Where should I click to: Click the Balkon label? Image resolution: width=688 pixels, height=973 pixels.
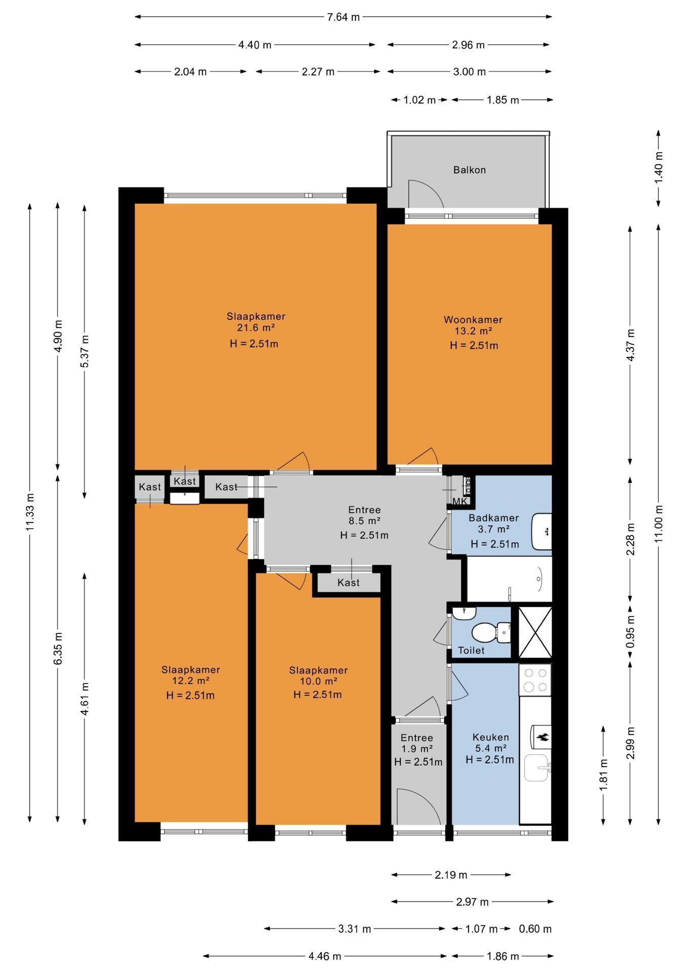[x=469, y=170]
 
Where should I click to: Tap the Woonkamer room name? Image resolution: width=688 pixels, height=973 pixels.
[x=473, y=320]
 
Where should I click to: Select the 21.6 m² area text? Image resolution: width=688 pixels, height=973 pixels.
[x=256, y=327]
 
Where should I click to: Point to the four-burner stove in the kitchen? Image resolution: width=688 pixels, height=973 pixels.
[x=535, y=680]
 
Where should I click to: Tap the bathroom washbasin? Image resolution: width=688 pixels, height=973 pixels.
[x=542, y=532]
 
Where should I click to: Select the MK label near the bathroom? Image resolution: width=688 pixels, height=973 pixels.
[x=460, y=501]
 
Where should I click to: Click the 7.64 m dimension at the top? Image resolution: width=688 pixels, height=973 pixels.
[x=343, y=17]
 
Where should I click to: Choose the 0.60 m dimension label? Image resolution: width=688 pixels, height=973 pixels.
[x=535, y=929]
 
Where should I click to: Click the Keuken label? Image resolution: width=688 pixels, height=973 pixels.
[x=490, y=737]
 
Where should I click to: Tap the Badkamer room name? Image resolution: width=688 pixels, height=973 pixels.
[x=493, y=518]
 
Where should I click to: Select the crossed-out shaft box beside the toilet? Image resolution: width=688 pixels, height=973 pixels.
[x=534, y=632]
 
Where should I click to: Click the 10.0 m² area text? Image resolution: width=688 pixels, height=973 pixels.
[x=318, y=681]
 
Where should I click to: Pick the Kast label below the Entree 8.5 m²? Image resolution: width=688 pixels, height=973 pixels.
[x=349, y=583]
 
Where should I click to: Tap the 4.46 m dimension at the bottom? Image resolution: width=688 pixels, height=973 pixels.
[x=325, y=956]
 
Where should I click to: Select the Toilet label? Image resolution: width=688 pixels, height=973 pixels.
[x=471, y=650]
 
